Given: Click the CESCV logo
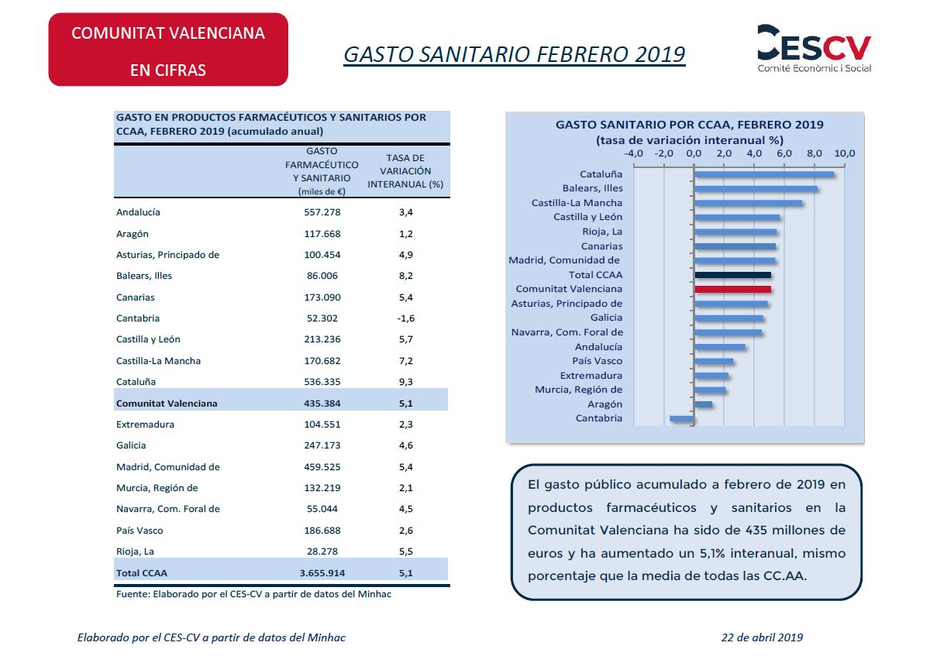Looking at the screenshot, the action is pyautogui.click(x=814, y=49).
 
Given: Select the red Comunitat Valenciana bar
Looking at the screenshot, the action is pyautogui.click(x=732, y=290).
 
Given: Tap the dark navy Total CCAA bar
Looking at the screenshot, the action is pyautogui.click(x=732, y=275).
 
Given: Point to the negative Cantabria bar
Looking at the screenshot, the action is pyautogui.click(x=681, y=419).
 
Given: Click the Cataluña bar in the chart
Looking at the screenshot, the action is pyautogui.click(x=764, y=174).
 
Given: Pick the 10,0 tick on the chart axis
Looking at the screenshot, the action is pyautogui.click(x=844, y=153).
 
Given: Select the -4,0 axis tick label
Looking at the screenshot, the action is pyautogui.click(x=633, y=153).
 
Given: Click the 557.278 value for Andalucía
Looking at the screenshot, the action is pyautogui.click(x=322, y=212).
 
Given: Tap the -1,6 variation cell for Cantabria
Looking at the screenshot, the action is pyautogui.click(x=406, y=318).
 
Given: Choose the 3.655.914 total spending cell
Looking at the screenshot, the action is pyautogui.click(x=322, y=573).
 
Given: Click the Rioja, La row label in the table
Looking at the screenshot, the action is pyautogui.click(x=135, y=551).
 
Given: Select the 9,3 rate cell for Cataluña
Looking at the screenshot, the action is pyautogui.click(x=406, y=382).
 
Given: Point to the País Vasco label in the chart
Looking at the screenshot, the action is pyautogui.click(x=597, y=361).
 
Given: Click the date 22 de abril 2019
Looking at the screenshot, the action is pyautogui.click(x=762, y=637).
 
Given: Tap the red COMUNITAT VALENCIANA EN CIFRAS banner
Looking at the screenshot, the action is pyautogui.click(x=168, y=50).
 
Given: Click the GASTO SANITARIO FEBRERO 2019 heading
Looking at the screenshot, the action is pyautogui.click(x=514, y=54).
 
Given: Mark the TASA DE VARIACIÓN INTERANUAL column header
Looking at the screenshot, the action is pyautogui.click(x=405, y=171).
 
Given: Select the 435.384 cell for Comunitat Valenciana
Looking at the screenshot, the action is pyautogui.click(x=322, y=403).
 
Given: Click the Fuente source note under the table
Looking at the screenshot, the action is pyautogui.click(x=253, y=594).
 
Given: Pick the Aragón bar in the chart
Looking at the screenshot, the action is pyautogui.click(x=704, y=404).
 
